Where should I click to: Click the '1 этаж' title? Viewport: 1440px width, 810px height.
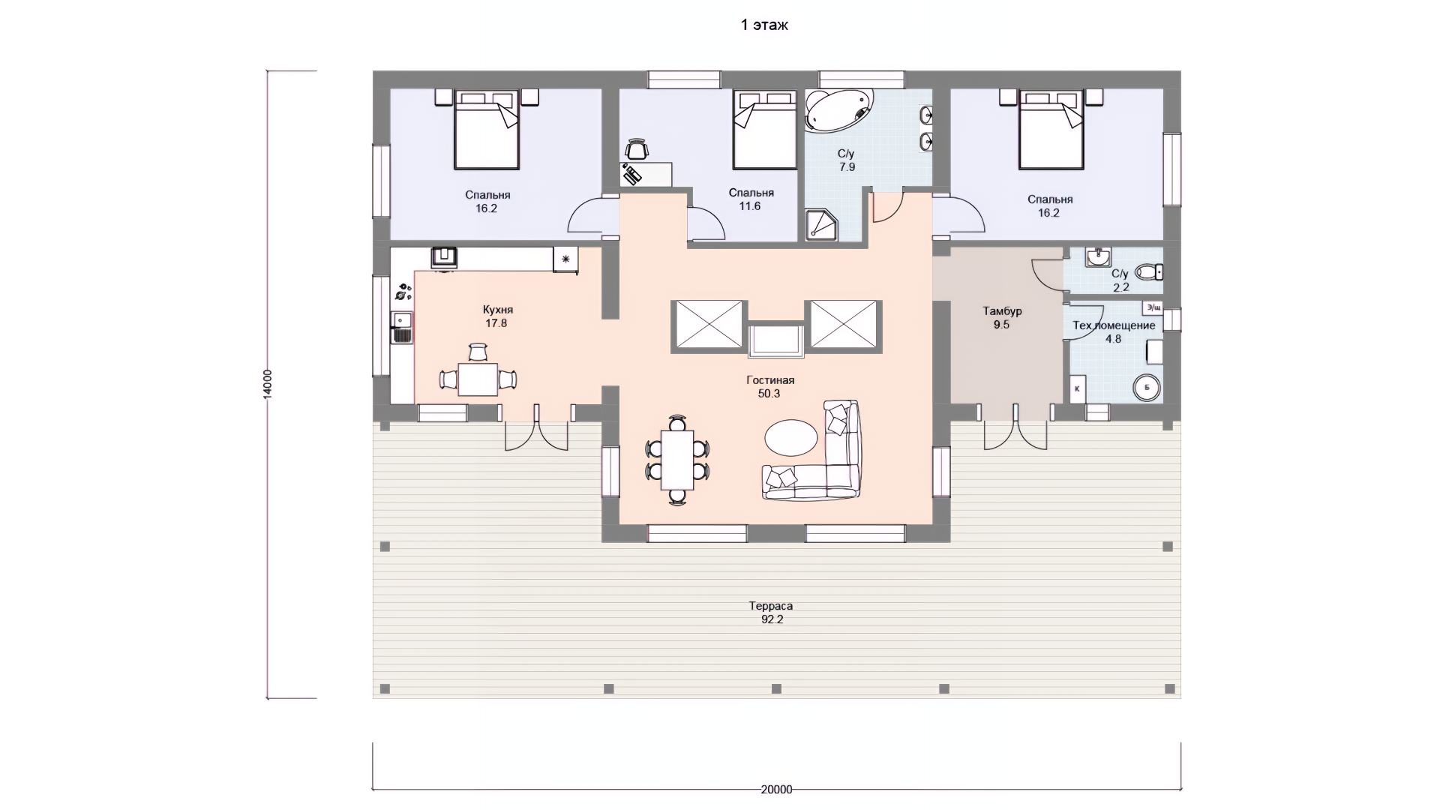point(764,25)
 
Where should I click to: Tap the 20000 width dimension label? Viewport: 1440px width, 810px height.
point(776,789)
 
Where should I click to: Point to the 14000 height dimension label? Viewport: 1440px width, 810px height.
point(268,385)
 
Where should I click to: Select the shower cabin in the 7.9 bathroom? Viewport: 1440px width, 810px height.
point(822,224)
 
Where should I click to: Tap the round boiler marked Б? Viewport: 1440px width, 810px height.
point(1147,388)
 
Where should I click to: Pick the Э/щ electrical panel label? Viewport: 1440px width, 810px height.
point(1153,307)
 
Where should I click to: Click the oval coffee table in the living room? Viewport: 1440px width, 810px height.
point(791,436)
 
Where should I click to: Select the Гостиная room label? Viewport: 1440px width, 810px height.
point(770,380)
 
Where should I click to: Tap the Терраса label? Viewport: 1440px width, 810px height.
point(770,606)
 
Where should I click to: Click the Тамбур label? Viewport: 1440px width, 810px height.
point(1002,311)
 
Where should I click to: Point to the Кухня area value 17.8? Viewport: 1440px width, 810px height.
point(496,323)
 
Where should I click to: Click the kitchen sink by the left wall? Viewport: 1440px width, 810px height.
point(402,328)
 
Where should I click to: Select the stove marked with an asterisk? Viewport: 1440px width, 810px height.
point(565,259)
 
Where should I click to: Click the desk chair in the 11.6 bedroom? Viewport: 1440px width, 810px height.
point(637,149)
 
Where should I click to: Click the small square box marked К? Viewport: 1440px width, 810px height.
point(1078,388)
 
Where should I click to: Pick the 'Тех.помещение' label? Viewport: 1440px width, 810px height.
point(1114,325)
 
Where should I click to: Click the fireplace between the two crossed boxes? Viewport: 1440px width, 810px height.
point(775,340)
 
